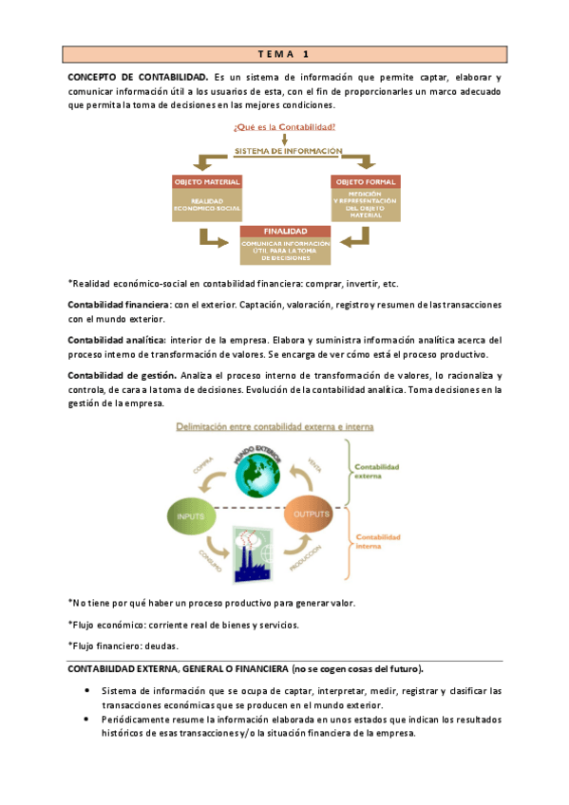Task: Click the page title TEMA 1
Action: [x=284, y=54]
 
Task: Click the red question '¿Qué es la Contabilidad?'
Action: [x=284, y=126]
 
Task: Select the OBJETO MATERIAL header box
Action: [x=207, y=181]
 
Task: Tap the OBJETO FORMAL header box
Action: [x=365, y=181]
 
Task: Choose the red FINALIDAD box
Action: [x=285, y=231]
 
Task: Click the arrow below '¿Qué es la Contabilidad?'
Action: [x=284, y=139]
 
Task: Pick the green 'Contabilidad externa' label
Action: [x=376, y=472]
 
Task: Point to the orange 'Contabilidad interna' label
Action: [x=376, y=543]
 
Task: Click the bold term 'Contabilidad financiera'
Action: [x=119, y=305]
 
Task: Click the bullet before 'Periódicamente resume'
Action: [x=87, y=721]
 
